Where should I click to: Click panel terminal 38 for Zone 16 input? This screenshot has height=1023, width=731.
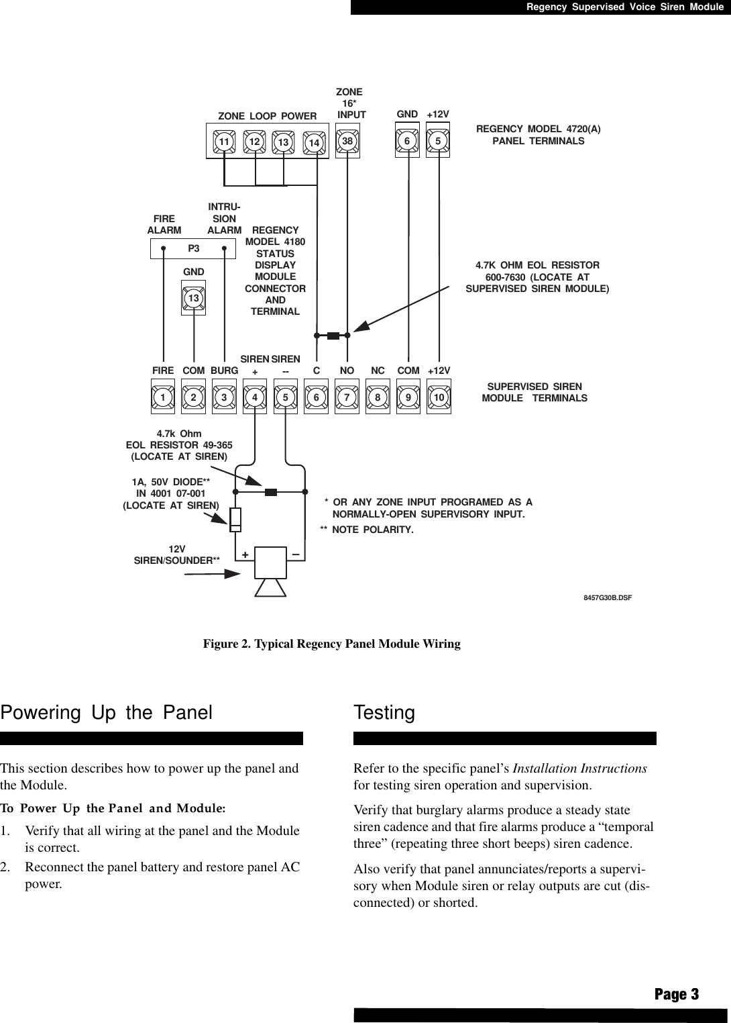347,142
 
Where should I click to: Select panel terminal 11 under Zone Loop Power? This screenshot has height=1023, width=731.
223,142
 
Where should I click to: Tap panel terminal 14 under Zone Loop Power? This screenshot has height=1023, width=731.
314,142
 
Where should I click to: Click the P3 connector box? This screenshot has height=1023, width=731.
192,249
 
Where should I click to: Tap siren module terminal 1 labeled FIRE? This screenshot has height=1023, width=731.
162,397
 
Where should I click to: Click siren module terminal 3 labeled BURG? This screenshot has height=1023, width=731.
225,397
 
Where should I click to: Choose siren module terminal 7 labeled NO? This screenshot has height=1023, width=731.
347,397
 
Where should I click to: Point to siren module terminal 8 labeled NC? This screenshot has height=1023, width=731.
378,397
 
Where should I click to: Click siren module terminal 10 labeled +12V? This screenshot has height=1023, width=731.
439,397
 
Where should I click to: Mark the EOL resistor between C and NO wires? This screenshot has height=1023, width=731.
332,334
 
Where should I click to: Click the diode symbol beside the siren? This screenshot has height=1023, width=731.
235,518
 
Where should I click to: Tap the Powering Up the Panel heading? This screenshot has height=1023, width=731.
107,713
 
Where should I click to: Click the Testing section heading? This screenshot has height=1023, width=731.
384,713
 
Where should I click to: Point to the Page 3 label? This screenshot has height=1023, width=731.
676,994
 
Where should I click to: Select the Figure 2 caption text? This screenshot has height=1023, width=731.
332,644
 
